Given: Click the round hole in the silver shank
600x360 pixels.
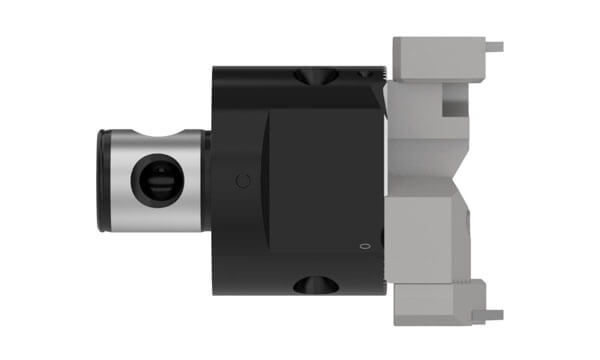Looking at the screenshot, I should [154, 181].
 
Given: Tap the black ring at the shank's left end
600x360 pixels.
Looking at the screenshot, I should [103, 180].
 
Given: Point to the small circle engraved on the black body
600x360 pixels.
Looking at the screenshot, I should [238, 181].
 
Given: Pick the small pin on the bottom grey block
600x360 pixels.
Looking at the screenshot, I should [494, 315].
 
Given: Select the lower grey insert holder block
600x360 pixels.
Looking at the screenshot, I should [440, 300].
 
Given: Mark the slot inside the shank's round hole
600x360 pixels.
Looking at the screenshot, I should [154, 183].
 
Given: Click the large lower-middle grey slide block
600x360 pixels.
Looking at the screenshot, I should [425, 235].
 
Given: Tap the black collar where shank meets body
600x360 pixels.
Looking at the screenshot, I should [208, 180].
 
